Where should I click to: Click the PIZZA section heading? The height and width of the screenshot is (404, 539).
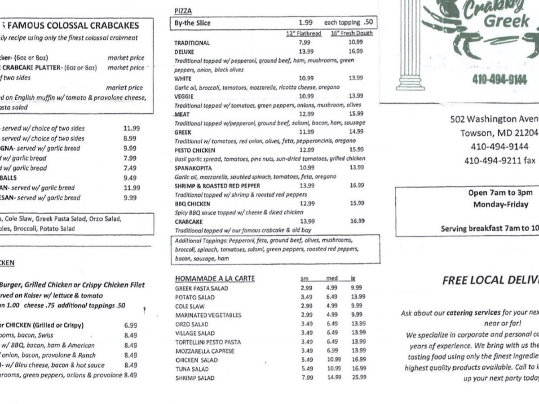pyautogui.click(x=182, y=11)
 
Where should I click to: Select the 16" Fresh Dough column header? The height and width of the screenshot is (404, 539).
pyautogui.click(x=352, y=33)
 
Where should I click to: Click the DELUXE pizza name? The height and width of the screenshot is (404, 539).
pyautogui.click(x=184, y=52)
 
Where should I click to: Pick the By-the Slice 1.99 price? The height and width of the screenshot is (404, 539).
pyautogui.click(x=305, y=22)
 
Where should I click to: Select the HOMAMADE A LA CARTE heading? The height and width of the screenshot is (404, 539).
pyautogui.click(x=215, y=279)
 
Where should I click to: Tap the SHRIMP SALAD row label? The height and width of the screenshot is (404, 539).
pyautogui.click(x=194, y=378)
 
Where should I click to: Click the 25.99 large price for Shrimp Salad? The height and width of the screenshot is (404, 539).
pyautogui.click(x=358, y=378)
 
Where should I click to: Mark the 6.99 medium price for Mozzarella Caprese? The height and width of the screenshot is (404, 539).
pyautogui.click(x=332, y=351)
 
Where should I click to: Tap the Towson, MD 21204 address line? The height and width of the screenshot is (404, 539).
pyautogui.click(x=499, y=133)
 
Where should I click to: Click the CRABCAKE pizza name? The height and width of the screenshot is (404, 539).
pyautogui.click(x=189, y=222)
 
